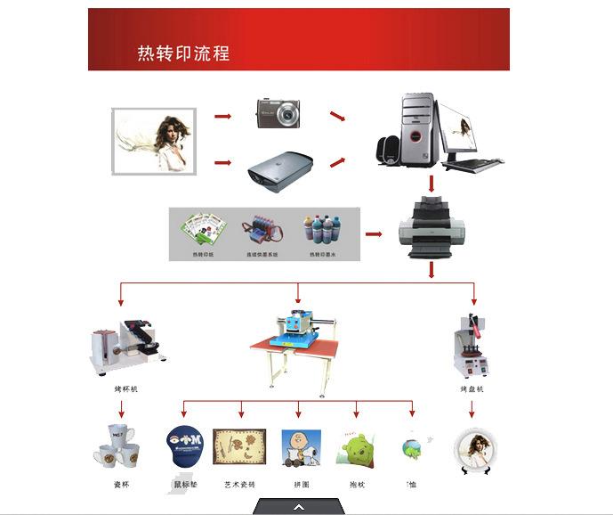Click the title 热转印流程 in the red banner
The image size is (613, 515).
pyautogui.click(x=182, y=53)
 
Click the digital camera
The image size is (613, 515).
pyautogui.click(x=278, y=113)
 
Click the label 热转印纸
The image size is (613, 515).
pyautogui.click(x=204, y=255)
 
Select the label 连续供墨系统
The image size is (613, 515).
pyautogui.click(x=262, y=255)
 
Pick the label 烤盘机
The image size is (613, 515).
pyautogui.click(x=471, y=389)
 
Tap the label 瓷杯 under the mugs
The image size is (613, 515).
pyautogui.click(x=121, y=485)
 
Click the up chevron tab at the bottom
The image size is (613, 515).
pyautogui.click(x=299, y=506)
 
